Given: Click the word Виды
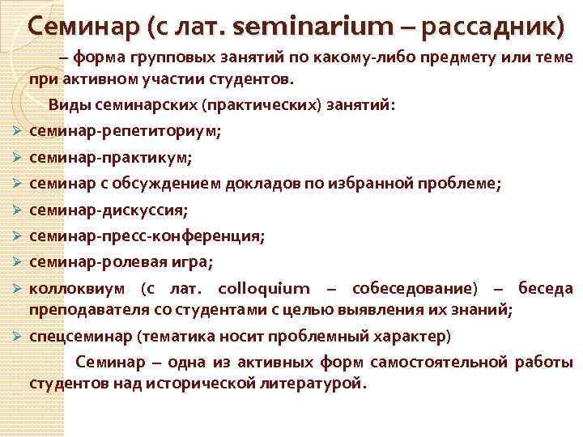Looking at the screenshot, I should coord(68,105).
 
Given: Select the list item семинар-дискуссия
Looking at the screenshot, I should coord(109,210).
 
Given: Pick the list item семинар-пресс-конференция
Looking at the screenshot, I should coord(147,237).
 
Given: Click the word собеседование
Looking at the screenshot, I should coord(411,288).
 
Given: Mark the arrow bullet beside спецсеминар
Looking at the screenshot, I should coord(16,336).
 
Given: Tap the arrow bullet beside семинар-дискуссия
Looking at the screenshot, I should coord(16,211).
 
